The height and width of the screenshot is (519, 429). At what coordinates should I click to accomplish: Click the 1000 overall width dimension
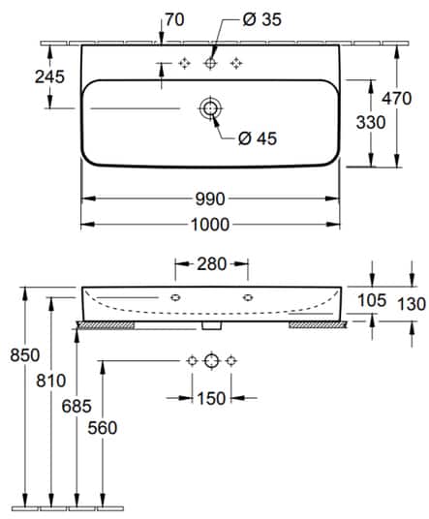coord(210,225)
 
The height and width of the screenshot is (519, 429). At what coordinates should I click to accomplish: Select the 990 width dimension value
coord(210,199)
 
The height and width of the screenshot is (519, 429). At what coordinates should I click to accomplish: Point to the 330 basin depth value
coord(372,122)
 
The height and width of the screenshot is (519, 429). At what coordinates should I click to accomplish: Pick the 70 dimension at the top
coord(175,18)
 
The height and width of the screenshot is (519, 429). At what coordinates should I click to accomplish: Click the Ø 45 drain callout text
coord(258,137)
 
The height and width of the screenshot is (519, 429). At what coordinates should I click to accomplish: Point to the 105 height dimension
coord(371,302)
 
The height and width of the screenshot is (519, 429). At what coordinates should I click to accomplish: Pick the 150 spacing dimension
coord(210,397)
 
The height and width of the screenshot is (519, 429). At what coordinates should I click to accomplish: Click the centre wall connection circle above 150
coord(211,360)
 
